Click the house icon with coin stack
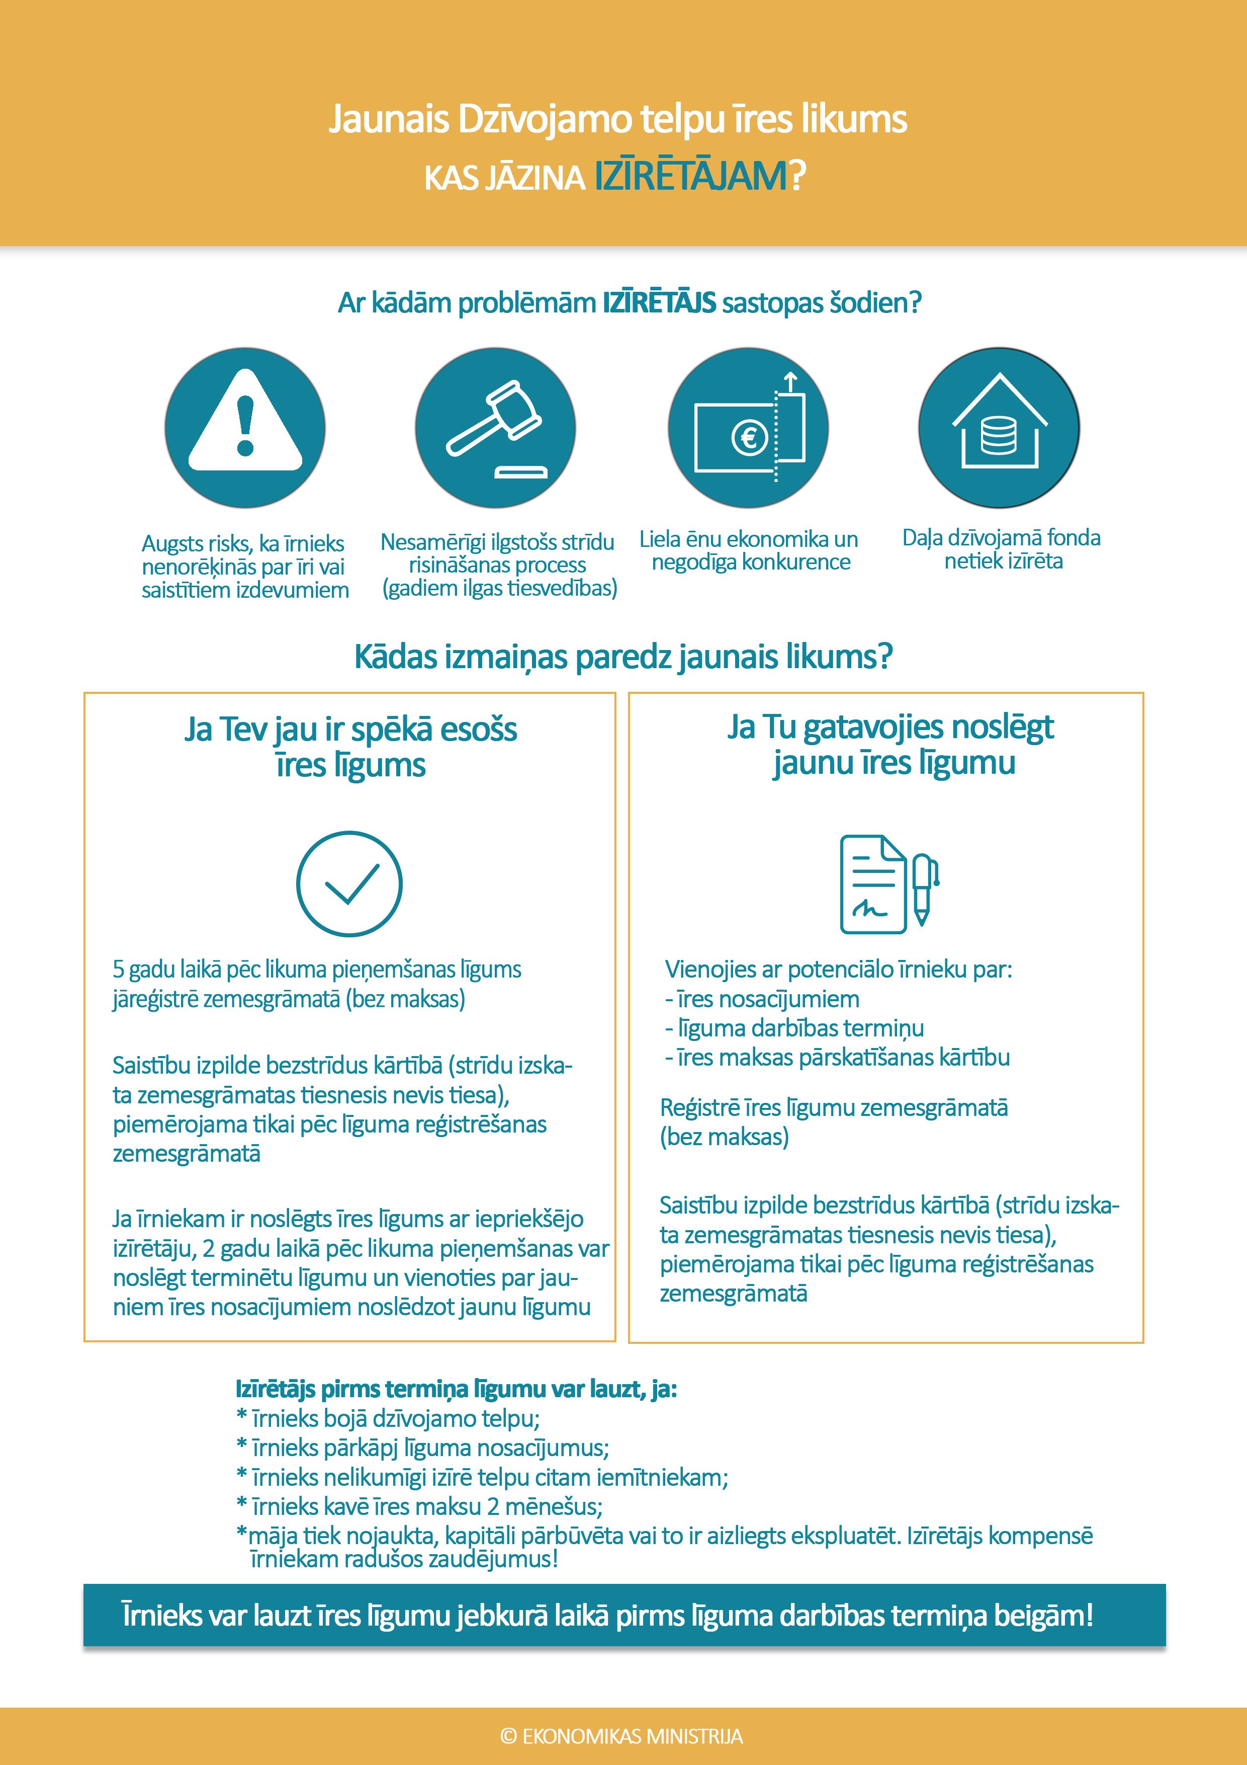coord(999,427)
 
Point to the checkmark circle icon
coord(349,884)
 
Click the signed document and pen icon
coord(888,884)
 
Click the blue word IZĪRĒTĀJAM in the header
coord(691,177)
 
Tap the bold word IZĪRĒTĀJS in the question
coord(659,303)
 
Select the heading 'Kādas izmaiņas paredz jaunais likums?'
coord(623,657)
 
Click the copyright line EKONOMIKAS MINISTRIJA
coord(621,1736)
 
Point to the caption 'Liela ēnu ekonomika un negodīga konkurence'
coord(749,550)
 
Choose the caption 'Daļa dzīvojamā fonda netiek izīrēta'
coord(1002,549)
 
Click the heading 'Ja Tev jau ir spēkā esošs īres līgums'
coord(350,747)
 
